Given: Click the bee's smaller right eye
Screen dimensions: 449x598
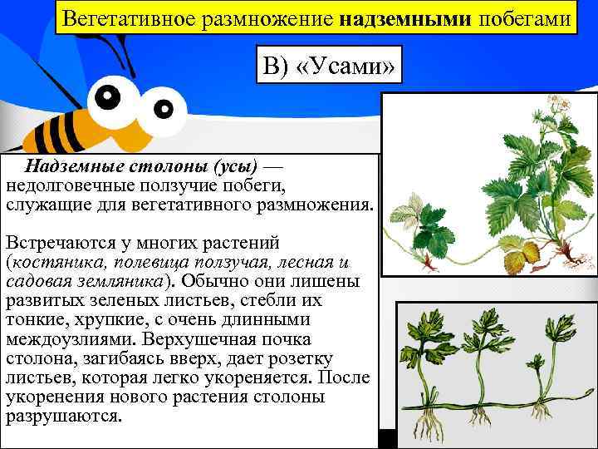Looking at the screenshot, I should click(x=165, y=109).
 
